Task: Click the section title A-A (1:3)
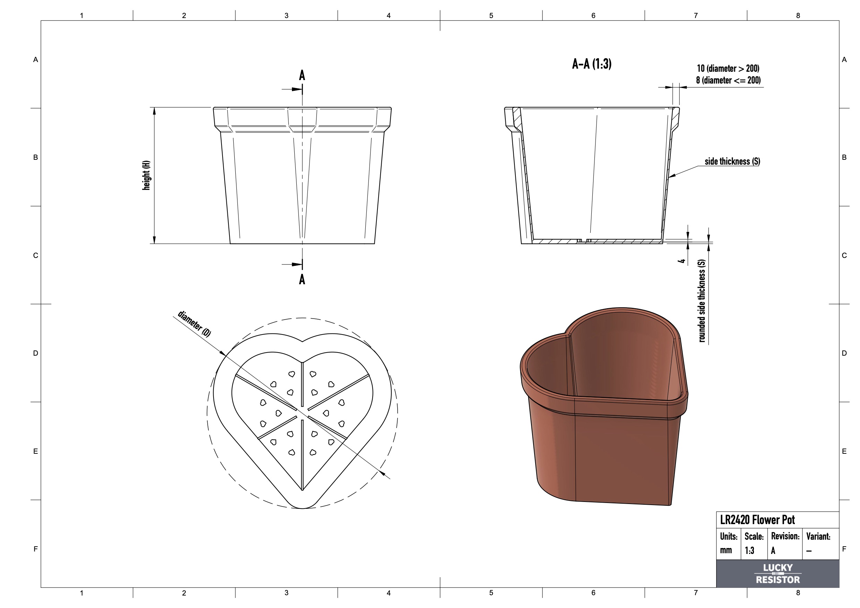(x=591, y=64)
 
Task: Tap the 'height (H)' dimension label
(x=146, y=175)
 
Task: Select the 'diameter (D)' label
(x=194, y=324)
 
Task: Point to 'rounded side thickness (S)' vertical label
(x=702, y=301)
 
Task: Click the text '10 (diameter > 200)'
(x=728, y=69)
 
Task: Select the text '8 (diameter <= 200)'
(x=728, y=80)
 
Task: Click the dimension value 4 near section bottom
(x=682, y=260)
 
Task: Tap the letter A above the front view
(x=302, y=76)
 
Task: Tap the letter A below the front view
(x=302, y=279)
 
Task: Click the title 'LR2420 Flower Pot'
(x=757, y=520)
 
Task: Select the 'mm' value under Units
(x=726, y=550)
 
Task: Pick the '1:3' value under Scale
(x=749, y=550)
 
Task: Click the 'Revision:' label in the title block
(x=785, y=536)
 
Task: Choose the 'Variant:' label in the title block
(x=818, y=536)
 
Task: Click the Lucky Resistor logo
(x=778, y=574)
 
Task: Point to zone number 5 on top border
(x=491, y=15)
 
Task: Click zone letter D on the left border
(x=36, y=353)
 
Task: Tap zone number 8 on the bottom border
(x=798, y=593)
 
